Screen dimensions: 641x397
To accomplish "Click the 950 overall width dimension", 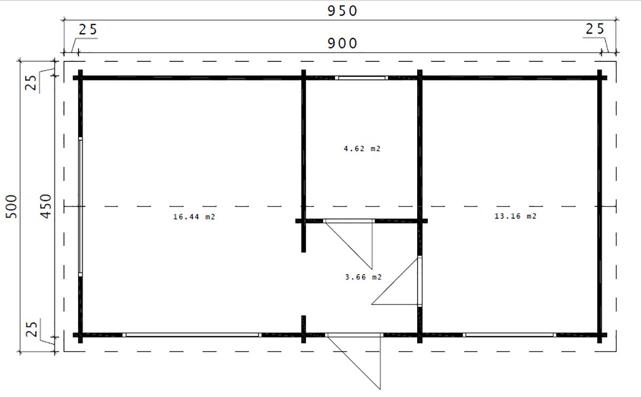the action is coord(342,11).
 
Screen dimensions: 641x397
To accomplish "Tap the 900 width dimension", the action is coord(342,43).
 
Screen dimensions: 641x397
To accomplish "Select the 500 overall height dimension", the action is coord(12,206).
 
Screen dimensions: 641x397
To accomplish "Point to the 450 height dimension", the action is coord(46,206).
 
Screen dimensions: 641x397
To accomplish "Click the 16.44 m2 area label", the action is coord(194,217).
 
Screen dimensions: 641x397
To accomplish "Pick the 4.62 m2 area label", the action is coord(362,149).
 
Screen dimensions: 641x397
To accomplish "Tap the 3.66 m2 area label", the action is coord(363,277).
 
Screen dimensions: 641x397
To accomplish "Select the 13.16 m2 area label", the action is coord(515,216).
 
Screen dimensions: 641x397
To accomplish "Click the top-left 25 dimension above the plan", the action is coord(88,30).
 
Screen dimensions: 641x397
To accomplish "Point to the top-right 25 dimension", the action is coord(595,29).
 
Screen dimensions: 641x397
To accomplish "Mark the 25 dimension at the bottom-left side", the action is coord(32,329).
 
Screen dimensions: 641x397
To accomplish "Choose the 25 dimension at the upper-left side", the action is coord(31,83).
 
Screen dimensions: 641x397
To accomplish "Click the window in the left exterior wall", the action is coord(81,207).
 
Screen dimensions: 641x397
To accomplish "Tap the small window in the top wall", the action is coord(362,78).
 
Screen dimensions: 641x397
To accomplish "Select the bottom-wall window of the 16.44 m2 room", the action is coord(192,335).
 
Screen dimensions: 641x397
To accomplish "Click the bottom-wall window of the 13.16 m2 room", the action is coord(510,335).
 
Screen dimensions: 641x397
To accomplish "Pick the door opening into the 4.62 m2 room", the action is coord(349,221).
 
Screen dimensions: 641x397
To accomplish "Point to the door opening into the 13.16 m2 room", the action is coord(420,281).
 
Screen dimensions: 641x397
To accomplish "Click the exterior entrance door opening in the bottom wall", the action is coord(354,335).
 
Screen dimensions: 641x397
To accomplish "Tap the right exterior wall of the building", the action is coord(599,206).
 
